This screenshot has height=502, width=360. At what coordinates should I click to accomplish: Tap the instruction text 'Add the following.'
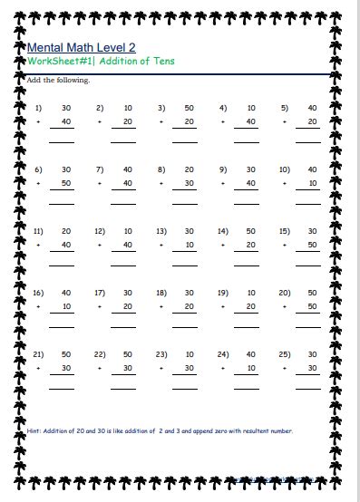click(59, 81)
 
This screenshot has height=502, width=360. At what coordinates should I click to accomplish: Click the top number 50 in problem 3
click(189, 108)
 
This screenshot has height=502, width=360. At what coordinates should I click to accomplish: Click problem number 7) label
click(100, 169)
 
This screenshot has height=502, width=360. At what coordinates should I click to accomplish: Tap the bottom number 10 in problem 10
click(312, 183)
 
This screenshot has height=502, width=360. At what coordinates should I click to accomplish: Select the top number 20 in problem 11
click(65, 231)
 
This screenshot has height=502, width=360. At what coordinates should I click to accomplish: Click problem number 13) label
click(161, 231)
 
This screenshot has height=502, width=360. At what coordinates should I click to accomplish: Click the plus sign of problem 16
click(39, 306)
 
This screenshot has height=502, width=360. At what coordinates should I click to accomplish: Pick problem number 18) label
click(161, 293)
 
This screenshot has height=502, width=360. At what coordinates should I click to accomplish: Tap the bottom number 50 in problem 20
click(312, 306)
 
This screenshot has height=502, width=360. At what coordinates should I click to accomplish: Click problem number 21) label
click(39, 354)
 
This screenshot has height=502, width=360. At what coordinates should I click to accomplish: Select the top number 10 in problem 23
click(189, 354)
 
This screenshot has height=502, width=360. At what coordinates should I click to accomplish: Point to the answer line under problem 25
click(308, 388)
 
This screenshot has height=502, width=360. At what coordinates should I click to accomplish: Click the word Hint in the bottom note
click(35, 430)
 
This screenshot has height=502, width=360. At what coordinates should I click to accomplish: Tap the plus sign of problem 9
click(223, 183)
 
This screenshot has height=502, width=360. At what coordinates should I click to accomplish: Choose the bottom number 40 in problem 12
click(127, 245)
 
